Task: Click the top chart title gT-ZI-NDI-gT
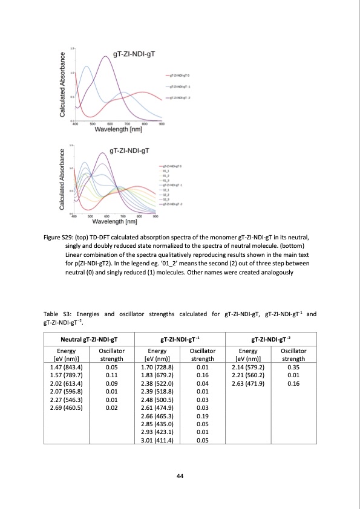coord(129,54)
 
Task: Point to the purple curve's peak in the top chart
coord(106,56)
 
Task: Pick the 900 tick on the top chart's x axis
coord(162,123)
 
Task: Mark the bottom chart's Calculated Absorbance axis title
coord(62,181)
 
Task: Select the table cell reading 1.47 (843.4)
coord(66,366)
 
